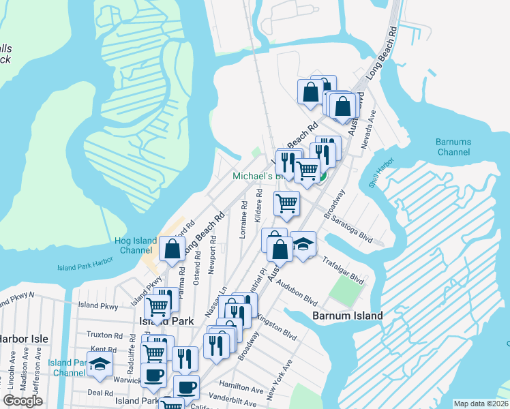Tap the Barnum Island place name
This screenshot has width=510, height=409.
point(347,316)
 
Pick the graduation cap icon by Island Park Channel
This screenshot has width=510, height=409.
point(100,365)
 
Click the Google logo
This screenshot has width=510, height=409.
point(23,401)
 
